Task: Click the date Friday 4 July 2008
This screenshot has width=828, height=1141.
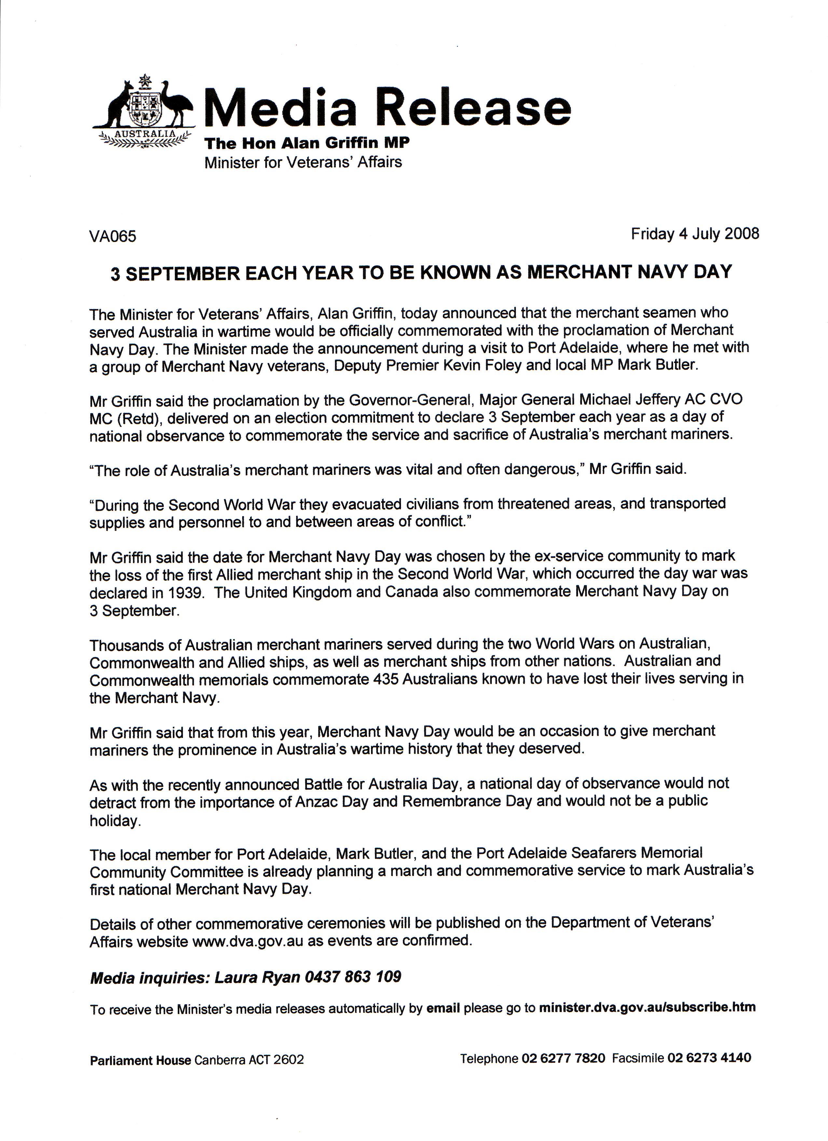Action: [x=695, y=234]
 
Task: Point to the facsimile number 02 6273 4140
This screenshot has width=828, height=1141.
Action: [x=709, y=1058]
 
